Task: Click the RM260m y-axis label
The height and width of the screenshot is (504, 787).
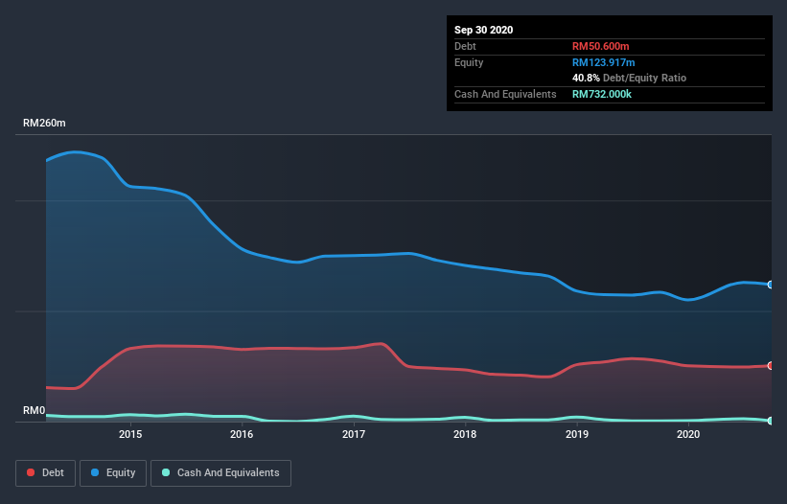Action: (46, 124)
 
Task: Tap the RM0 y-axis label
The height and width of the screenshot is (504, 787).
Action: (35, 411)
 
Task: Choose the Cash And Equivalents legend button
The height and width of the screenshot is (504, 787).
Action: (220, 472)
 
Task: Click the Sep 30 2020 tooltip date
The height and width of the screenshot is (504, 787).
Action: (483, 30)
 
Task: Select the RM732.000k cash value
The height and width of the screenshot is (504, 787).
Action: (608, 94)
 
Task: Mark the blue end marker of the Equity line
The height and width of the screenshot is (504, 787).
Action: (770, 285)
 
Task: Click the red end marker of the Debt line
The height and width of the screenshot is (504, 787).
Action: (770, 365)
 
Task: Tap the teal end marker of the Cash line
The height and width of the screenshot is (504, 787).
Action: (770, 421)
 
